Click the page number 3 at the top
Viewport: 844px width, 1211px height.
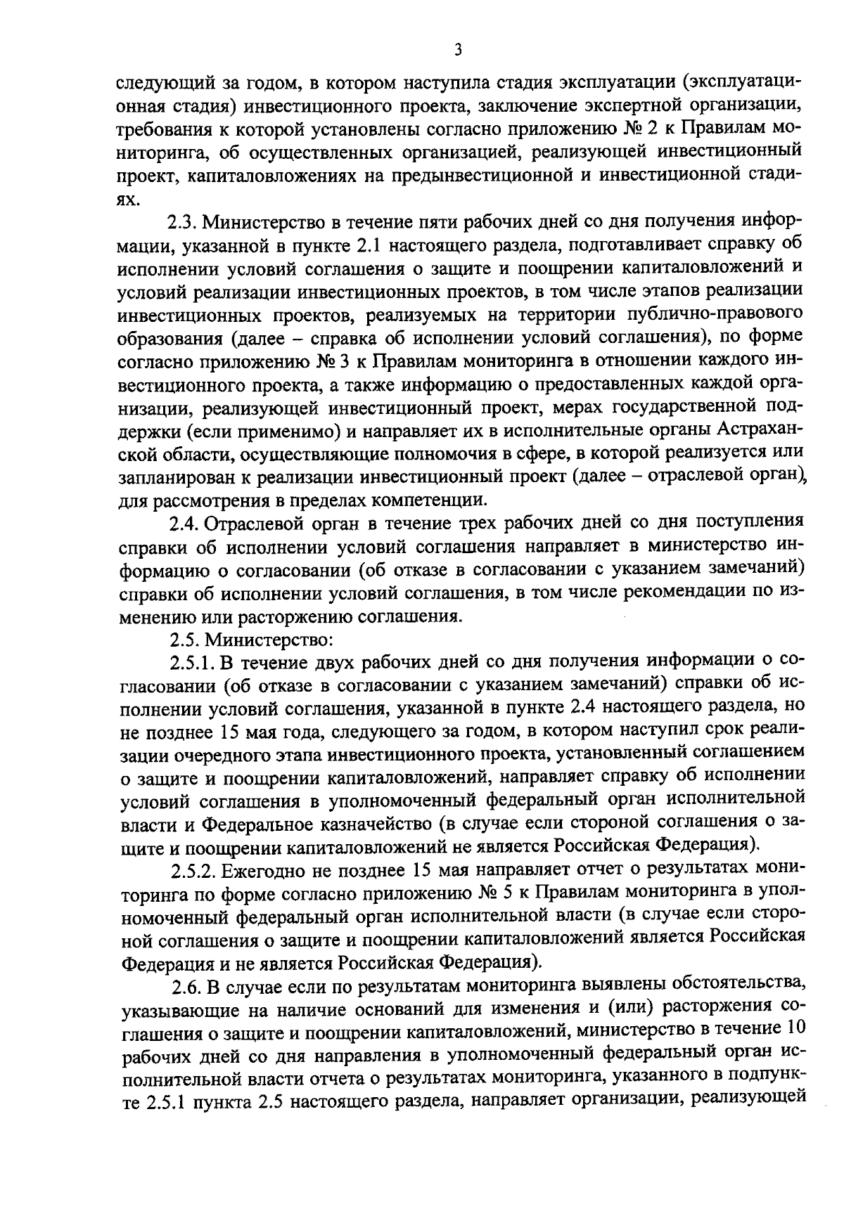(457, 49)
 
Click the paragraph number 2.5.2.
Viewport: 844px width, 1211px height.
(193, 872)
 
